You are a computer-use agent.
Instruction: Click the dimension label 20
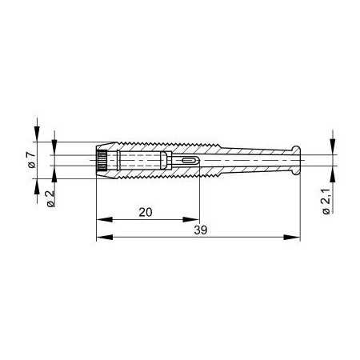pos(146,212)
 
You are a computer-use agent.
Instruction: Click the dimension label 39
pos(201,230)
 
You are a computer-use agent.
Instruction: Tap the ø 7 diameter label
pos(31,160)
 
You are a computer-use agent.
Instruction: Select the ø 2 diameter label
pos(50,199)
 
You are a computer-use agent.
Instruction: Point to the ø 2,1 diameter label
pos(326,202)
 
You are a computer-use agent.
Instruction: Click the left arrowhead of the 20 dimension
pos(104,219)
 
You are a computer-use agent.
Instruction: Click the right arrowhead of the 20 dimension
pos(190,219)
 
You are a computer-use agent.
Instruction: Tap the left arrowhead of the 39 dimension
pos(105,237)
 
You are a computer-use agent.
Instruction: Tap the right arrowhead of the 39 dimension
pos(292,237)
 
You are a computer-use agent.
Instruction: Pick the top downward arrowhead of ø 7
pos(37,134)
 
